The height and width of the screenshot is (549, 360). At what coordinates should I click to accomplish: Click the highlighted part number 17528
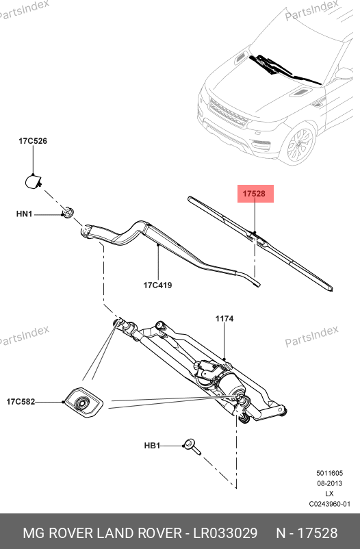point(254,194)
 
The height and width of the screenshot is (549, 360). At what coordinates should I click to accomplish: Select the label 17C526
point(33,141)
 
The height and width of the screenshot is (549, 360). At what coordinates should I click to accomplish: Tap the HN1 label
point(24,214)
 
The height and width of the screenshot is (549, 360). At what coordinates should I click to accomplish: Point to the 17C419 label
point(157,285)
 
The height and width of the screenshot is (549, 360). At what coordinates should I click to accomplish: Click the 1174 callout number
point(224,318)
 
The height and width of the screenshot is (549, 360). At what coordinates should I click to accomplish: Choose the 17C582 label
point(21,402)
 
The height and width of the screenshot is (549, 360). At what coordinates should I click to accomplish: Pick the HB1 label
point(152,446)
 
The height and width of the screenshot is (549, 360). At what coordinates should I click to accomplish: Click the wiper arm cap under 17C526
point(34,181)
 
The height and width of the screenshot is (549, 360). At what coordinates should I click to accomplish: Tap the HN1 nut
point(68,212)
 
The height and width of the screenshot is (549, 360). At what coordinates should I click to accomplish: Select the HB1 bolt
point(193,447)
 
